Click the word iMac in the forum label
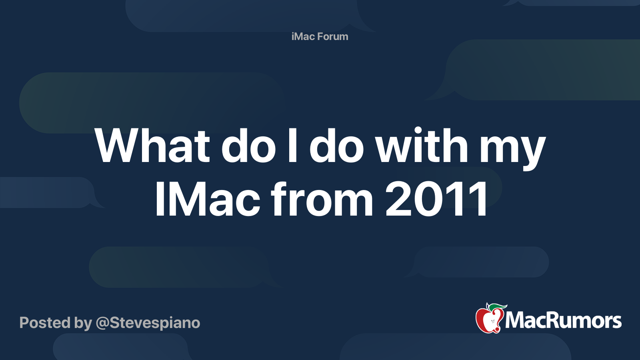point(303,36)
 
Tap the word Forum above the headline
point(333,36)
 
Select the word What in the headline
point(152,146)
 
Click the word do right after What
point(248,145)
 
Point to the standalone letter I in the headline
point(292,146)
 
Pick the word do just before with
point(336,145)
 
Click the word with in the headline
point(422,145)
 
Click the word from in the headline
point(322,198)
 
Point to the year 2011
point(436,199)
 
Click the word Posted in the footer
point(45,322)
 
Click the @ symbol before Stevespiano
point(102,324)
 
